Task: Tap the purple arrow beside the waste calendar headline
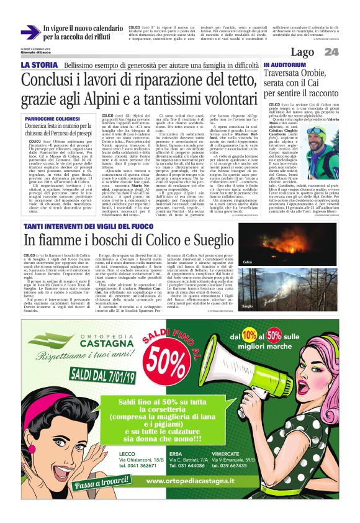(x=30, y=32)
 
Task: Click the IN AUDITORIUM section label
(x=284, y=65)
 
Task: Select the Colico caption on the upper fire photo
(x=248, y=262)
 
